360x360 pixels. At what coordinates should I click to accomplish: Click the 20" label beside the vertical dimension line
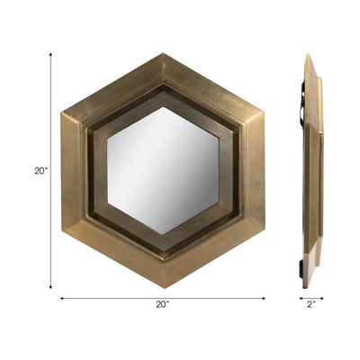coord(40,170)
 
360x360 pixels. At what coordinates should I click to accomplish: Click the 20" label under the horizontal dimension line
coord(162,305)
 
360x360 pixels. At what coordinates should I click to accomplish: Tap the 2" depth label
coord(310,305)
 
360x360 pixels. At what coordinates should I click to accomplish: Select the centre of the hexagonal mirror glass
coord(164,169)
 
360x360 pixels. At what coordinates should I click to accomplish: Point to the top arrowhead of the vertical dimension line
coord(50,53)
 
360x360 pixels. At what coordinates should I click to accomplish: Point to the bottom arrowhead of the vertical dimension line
coord(50,288)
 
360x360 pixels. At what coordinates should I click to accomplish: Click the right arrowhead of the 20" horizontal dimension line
coord(264,296)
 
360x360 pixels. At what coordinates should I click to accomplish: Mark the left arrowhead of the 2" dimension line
coord(300,296)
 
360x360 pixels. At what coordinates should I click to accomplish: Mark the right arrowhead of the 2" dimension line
coord(322,296)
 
